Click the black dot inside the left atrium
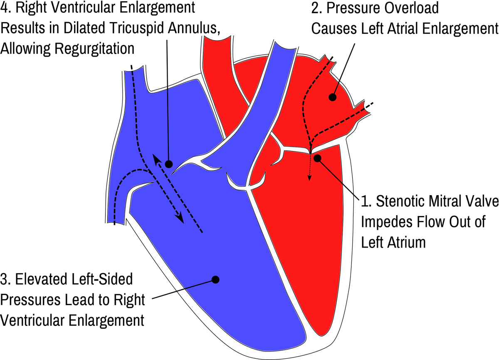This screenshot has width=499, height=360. coord(332,97)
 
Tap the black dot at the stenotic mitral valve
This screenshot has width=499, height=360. coord(318,158)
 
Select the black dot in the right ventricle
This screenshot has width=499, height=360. coord(215,280)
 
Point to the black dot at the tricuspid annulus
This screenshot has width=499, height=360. coord(168,164)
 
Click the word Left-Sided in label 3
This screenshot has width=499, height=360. coord(96,279)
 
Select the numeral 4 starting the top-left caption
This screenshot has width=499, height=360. coord(5,8)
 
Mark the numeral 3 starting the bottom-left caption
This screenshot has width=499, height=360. coord(5,279)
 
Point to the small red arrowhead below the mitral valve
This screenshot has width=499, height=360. coord(309,179)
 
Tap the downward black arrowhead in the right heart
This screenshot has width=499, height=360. coord(180,219)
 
